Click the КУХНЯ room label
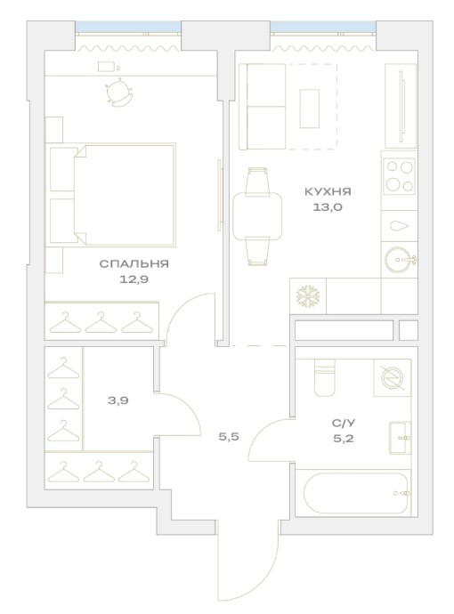point(328,192)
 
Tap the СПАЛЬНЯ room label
point(134,263)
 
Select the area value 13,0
point(328,207)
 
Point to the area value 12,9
point(134,279)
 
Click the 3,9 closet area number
point(118,400)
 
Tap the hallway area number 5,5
point(229,437)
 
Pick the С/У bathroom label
point(344,423)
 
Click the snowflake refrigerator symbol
point(308,296)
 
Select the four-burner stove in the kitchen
point(399,176)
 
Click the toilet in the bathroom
point(325,376)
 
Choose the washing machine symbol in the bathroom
point(393,378)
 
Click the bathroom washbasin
point(400,438)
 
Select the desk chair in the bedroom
point(119,93)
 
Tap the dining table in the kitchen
point(257,218)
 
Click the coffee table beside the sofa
point(310,109)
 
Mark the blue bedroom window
point(128,28)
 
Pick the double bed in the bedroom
point(111,195)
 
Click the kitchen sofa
point(263,107)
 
